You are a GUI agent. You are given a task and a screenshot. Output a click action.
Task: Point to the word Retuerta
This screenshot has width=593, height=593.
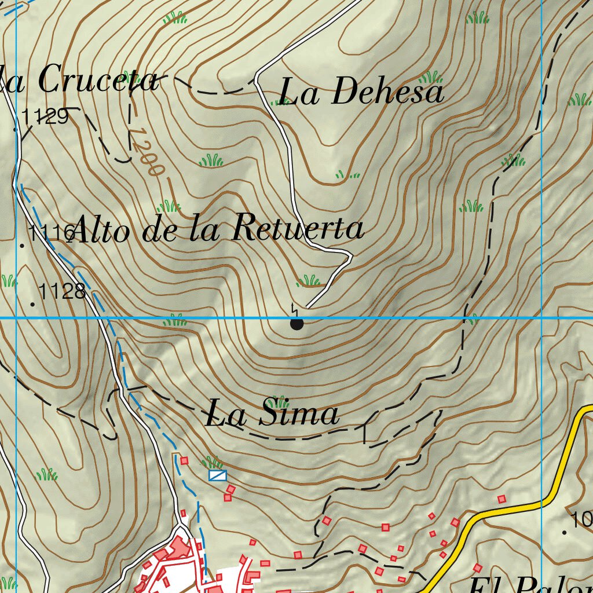pyautogui.click(x=298, y=228)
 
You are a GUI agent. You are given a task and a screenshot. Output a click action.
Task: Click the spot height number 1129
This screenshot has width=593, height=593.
pyautogui.click(x=46, y=118)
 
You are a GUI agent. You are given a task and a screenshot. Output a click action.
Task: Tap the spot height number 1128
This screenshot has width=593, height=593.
pyautogui.click(x=63, y=291)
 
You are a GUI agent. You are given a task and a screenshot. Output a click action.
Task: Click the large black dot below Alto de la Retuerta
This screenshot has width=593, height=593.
pyautogui.click(x=296, y=324)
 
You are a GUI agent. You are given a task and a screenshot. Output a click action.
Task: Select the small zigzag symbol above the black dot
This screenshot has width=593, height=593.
pyautogui.click(x=295, y=308)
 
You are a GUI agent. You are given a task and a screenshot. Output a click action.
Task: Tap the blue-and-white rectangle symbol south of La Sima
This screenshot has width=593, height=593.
pyautogui.click(x=218, y=475)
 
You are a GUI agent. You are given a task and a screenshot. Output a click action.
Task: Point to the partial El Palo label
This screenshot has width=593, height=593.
pyautogui.click(x=530, y=585)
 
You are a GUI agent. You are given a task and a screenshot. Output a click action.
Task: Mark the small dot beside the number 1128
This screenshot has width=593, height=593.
pyautogui.click(x=32, y=304)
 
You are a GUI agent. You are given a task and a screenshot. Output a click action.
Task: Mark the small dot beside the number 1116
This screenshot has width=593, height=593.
pyautogui.click(x=23, y=246)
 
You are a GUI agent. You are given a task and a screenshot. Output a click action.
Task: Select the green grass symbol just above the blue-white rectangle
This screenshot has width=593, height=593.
pyautogui.click(x=212, y=462)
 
